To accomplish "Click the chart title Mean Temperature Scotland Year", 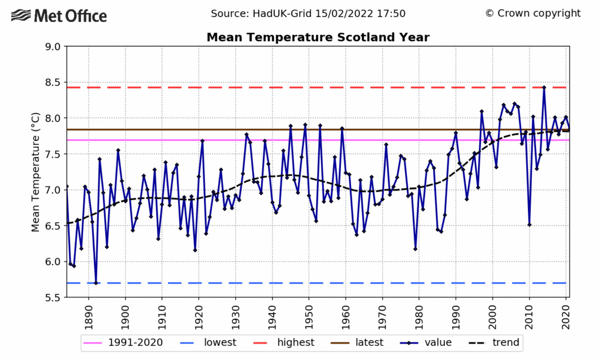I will click(318, 38).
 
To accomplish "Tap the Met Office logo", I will click(59, 16).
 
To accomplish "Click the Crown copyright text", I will click(533, 14).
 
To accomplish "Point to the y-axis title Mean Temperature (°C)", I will click(36, 172).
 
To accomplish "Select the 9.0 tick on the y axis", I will click(52, 46).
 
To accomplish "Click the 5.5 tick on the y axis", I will click(52, 298).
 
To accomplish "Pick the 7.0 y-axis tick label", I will click(52, 190).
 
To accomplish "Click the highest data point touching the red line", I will click(544, 88).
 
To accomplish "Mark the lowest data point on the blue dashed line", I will click(96, 283).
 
